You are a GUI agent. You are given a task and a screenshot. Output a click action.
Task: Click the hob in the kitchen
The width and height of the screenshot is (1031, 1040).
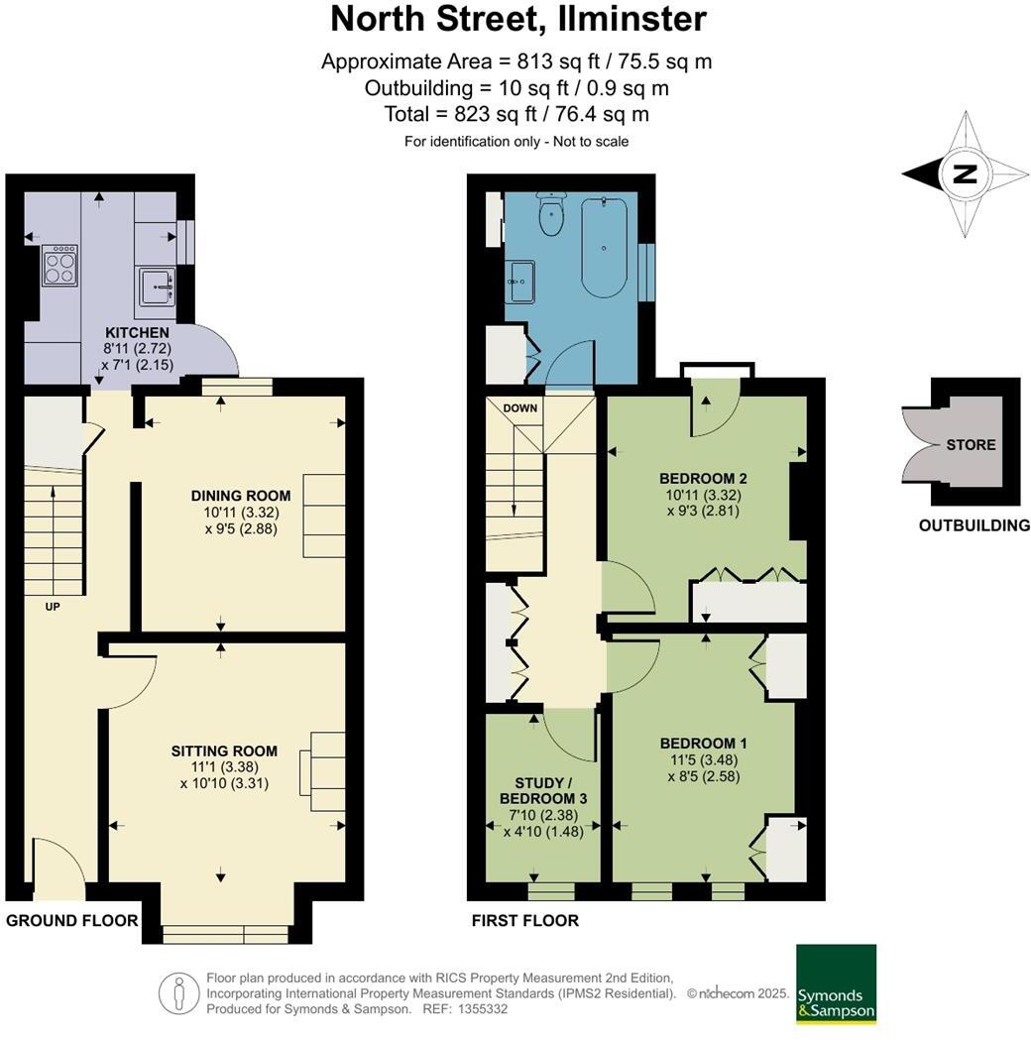59,266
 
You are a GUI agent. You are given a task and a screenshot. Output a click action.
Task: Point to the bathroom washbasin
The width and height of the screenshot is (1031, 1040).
519,282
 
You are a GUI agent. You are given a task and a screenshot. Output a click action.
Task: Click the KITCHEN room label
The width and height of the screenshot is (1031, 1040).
137,332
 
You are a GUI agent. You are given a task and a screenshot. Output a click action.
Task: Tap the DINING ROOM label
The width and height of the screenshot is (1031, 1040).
241,496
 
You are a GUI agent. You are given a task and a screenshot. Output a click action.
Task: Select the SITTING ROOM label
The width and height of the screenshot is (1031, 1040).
224,751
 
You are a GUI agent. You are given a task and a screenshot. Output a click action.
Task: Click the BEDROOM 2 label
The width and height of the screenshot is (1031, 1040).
703,478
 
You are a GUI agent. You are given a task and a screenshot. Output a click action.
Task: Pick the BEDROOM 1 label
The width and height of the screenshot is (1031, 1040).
704,743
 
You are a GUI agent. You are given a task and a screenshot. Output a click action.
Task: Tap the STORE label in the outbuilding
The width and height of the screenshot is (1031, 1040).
971,444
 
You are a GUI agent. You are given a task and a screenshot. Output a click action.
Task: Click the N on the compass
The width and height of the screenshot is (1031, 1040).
964,175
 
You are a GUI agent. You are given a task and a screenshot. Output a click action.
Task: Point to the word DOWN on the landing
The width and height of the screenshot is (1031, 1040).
519,408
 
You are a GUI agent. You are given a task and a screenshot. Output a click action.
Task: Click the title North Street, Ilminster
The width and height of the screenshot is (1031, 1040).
517,19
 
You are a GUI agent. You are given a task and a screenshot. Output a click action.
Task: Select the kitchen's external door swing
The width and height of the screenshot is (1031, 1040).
216,352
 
